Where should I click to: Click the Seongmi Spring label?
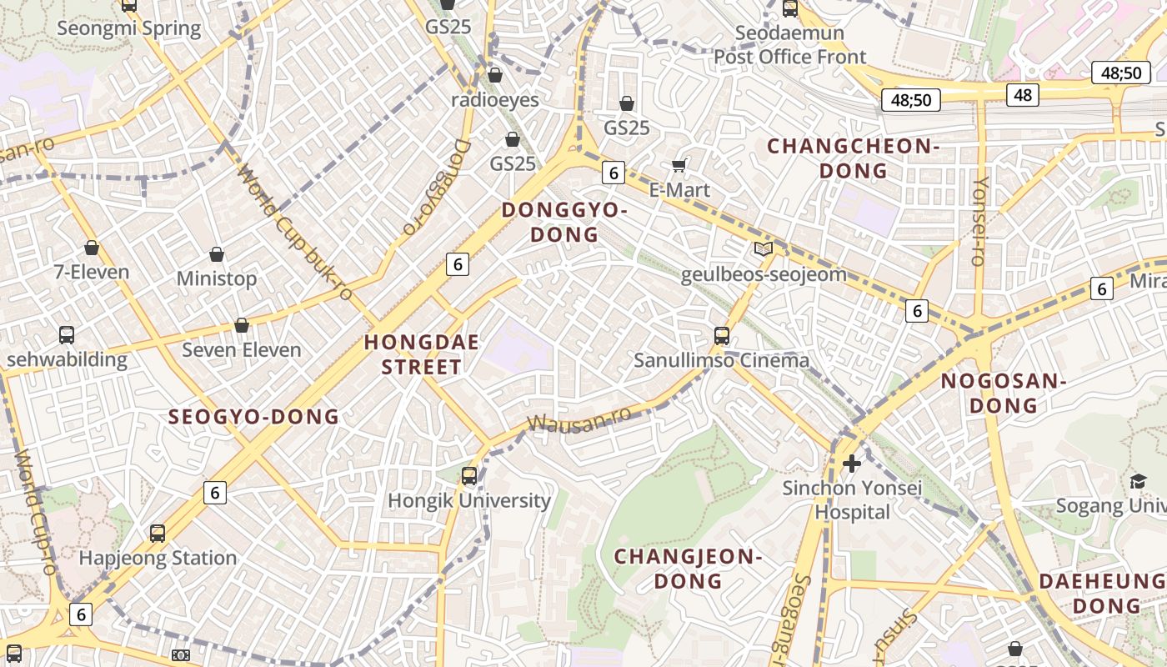tap(129, 28)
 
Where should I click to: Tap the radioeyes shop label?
tap(495, 100)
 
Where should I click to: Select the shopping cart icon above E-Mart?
tap(679, 165)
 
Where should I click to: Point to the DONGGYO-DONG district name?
tap(564, 223)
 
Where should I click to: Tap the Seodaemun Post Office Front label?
tap(790, 45)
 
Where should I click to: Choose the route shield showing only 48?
tap(1023, 95)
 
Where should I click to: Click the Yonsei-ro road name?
tap(981, 221)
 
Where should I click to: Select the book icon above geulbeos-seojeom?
tap(763, 248)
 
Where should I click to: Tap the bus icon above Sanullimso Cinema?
tap(722, 336)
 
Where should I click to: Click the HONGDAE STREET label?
tap(422, 354)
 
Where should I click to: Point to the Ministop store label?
tap(217, 278)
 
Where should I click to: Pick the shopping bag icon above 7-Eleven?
tap(92, 248)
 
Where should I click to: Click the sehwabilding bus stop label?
tap(67, 360)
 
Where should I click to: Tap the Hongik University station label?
tap(469, 501)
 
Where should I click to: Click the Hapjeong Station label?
tap(158, 558)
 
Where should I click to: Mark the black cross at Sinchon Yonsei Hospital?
tap(852, 463)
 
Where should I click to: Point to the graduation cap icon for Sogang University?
tap(1138, 481)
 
